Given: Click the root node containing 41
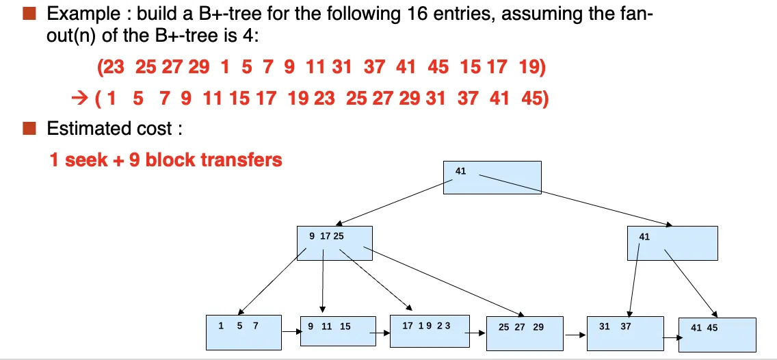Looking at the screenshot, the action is (492, 177).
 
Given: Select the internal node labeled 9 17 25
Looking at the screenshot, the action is (334, 243).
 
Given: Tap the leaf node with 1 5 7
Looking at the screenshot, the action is (243, 332).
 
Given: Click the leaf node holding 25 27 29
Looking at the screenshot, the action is (525, 333).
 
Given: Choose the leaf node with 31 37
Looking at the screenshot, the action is (625, 333).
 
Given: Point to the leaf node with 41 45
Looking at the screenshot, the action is (717, 335).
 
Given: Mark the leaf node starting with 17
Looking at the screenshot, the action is (430, 331).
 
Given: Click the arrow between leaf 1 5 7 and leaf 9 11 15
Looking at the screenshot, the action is (291, 331).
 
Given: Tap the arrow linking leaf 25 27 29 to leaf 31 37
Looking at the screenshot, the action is (575, 335).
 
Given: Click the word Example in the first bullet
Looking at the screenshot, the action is (82, 14).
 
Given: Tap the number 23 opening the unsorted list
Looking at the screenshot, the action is (113, 66).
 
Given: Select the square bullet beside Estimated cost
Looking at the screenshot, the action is (29, 129).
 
